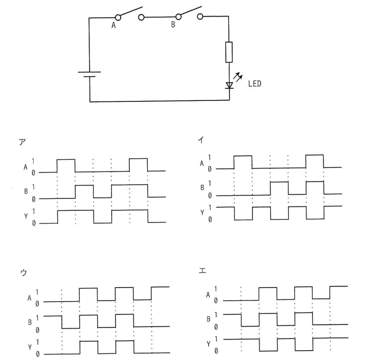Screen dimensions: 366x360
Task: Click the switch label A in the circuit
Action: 113,25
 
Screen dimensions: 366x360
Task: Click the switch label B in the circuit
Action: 173,24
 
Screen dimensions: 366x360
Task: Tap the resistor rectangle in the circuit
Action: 229,52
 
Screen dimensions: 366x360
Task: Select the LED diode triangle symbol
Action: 229,85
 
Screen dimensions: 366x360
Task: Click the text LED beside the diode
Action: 254,84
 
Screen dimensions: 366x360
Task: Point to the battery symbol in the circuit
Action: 89,74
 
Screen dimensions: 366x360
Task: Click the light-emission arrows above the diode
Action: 238,77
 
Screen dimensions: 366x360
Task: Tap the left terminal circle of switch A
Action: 118,17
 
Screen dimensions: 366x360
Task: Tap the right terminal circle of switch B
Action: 200,17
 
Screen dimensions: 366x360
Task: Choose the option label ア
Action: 22,142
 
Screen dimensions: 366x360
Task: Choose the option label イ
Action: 201,140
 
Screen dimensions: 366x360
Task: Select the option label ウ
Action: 24,273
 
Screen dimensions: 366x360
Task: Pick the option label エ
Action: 202,271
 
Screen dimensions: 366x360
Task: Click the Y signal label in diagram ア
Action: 26,217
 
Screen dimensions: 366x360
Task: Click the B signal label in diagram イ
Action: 202,187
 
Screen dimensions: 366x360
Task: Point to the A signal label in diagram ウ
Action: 29,298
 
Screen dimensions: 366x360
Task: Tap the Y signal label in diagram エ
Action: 208,344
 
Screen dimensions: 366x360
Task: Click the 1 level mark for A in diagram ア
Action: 33,161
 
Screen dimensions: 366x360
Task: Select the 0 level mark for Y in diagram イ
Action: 210,219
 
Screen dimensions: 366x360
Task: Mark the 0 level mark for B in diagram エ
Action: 216,327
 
